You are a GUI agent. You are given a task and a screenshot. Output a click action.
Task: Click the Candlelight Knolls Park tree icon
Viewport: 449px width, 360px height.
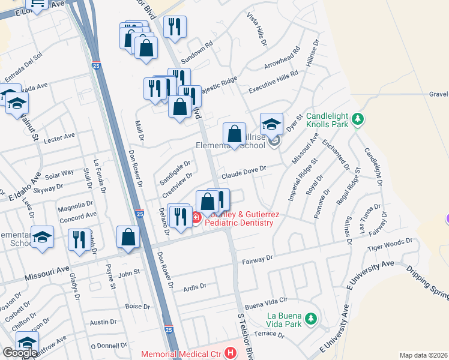click(358, 118)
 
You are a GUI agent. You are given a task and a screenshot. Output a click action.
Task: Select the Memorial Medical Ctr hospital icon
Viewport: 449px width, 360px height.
click(229, 353)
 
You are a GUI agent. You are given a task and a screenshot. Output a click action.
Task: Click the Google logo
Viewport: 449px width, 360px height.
click(20, 352)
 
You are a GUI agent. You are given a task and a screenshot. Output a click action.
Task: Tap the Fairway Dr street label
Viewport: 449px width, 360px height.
click(258, 259)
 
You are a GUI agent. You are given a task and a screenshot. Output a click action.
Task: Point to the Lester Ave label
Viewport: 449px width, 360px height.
click(59, 137)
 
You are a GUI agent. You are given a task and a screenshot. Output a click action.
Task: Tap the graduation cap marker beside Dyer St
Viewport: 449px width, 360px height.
click(271, 124)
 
